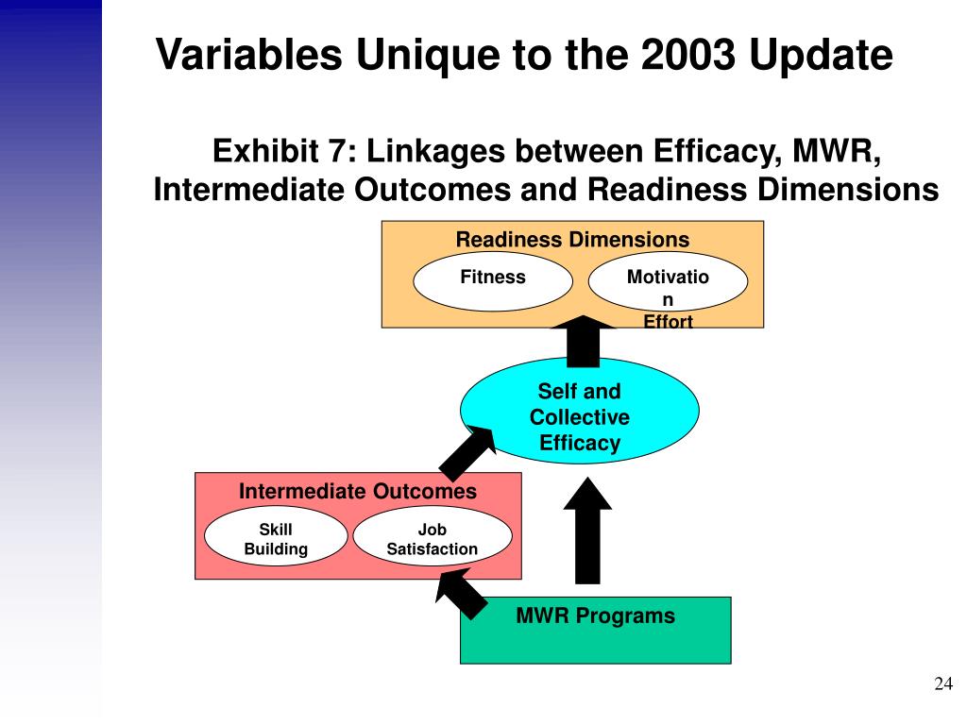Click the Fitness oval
click(493, 281)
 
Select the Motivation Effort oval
click(668, 282)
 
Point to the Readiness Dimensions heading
click(572, 240)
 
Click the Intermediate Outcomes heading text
click(357, 492)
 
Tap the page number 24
click(942, 684)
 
